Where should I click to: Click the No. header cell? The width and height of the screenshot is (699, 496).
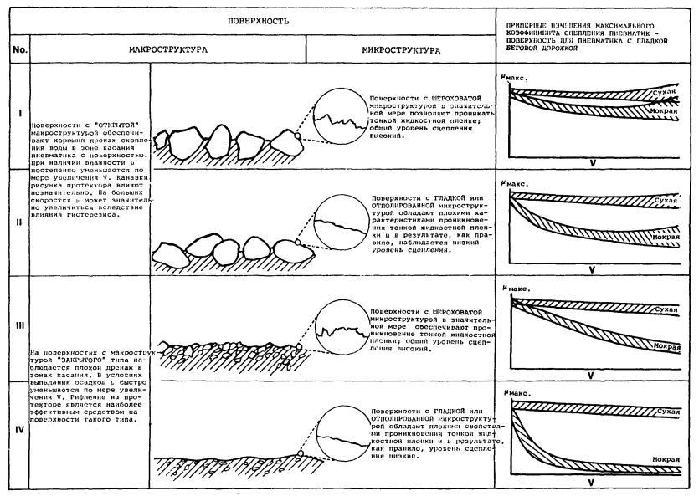[x=20, y=50]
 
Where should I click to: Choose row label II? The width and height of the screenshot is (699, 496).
[x=20, y=222]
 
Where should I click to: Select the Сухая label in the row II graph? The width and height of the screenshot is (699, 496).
[x=666, y=201]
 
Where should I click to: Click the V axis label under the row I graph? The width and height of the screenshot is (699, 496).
[x=591, y=161]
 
